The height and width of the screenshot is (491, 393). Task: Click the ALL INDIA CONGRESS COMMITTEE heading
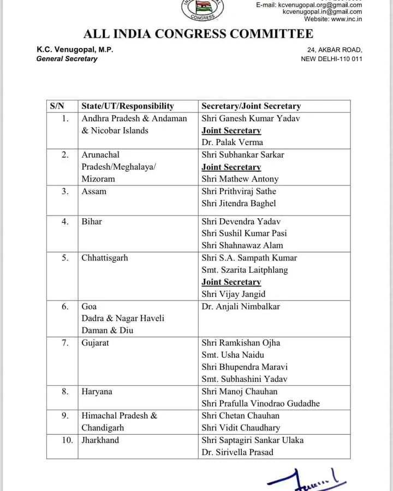(x=198, y=34)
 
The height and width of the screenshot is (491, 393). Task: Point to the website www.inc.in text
(x=333, y=19)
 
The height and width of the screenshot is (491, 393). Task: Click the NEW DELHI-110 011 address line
(x=331, y=59)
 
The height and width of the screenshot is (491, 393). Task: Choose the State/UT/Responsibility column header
(x=127, y=106)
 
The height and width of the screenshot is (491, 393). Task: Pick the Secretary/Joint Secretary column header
(x=251, y=106)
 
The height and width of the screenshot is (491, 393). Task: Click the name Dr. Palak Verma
(x=232, y=142)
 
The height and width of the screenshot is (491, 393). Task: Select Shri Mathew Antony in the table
(x=240, y=179)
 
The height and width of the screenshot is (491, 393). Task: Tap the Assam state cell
(x=94, y=191)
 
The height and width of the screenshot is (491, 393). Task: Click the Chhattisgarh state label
(x=104, y=258)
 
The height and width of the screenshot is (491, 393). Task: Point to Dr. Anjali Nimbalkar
(x=241, y=307)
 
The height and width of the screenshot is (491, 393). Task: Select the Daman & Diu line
(x=108, y=330)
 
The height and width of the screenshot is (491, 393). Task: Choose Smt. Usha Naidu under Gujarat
(x=233, y=355)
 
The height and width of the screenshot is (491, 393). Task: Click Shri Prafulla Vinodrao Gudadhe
(x=260, y=404)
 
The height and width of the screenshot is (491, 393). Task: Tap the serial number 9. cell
(x=65, y=416)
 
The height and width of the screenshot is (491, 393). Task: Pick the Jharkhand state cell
(x=100, y=440)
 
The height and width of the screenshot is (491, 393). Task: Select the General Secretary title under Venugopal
(x=67, y=59)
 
